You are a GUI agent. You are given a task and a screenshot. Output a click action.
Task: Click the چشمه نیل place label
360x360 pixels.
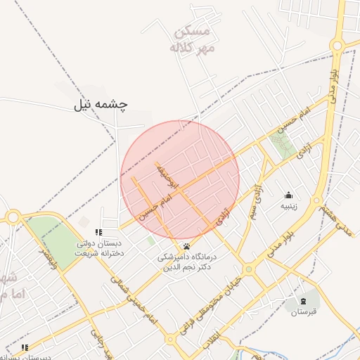pos(101,105)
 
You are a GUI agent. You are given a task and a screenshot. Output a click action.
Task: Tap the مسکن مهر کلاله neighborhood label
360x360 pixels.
pos(190,40)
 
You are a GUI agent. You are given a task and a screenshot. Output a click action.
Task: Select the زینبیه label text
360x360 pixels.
pos(289,206)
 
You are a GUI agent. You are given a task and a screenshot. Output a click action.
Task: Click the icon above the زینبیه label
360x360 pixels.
pos(288,195)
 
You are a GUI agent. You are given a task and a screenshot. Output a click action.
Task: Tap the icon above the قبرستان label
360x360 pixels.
pos(304,301)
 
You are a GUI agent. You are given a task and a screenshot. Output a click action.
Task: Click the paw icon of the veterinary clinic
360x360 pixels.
pos(187,246)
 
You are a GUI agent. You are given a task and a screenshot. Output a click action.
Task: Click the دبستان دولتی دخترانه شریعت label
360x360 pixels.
pos(98,247)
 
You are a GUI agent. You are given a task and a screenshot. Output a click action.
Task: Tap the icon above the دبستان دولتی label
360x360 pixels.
pos(99,232)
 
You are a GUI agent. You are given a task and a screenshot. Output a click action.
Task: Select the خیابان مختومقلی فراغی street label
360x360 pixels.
pos(209,302)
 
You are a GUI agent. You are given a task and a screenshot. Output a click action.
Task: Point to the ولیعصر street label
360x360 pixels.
pos(44,259)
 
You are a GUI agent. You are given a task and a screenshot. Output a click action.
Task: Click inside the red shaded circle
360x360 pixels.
pos(180,179)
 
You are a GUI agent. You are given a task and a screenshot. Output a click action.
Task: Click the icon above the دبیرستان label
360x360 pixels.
pos(25,347)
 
